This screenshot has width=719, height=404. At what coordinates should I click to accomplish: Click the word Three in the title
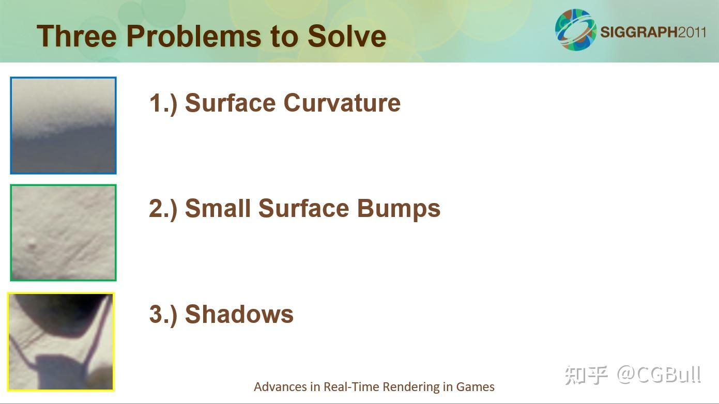[77, 36]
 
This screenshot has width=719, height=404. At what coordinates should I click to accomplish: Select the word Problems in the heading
[194, 36]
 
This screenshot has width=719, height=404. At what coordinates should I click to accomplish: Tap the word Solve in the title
[347, 36]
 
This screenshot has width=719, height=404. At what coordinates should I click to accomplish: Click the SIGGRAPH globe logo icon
[576, 29]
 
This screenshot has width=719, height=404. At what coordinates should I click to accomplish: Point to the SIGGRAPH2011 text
[653, 33]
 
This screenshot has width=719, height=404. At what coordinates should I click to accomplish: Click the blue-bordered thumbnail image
[63, 126]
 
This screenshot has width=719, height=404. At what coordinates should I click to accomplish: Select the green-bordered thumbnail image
[63, 232]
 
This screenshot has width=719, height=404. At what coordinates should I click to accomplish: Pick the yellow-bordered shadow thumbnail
[61, 342]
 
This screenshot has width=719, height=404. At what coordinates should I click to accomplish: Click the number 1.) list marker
[163, 103]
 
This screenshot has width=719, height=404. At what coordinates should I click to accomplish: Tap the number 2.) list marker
[163, 209]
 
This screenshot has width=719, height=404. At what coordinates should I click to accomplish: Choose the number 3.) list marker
[163, 314]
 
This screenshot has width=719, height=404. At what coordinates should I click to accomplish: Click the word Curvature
[342, 103]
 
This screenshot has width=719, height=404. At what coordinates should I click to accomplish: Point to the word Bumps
[399, 209]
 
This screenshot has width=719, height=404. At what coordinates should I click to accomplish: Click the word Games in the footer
[476, 387]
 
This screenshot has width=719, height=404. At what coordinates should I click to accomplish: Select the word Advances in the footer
[280, 387]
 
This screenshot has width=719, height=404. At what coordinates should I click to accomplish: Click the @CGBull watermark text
[659, 375]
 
